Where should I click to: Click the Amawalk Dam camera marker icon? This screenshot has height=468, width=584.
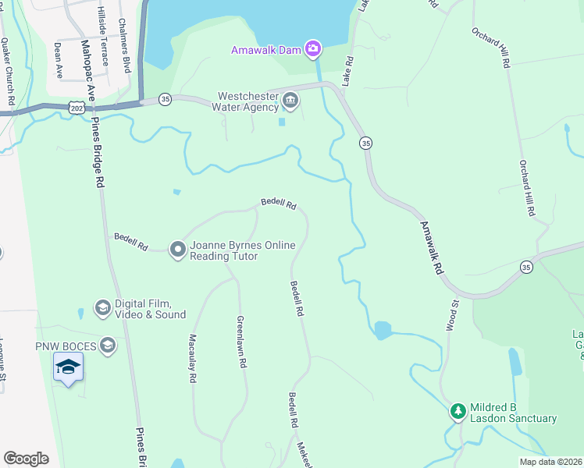pyautogui.click(x=312, y=50)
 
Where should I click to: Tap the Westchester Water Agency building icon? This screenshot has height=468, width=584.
pyautogui.click(x=290, y=100)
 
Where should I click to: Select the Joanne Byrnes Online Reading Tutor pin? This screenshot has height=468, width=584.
pyautogui.click(x=177, y=250)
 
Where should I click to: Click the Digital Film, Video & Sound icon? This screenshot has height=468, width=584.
pyautogui.click(x=101, y=308)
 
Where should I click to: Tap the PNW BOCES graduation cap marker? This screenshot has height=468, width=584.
pyautogui.click(x=108, y=345)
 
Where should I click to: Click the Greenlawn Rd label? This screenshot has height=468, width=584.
pyautogui.click(x=243, y=342)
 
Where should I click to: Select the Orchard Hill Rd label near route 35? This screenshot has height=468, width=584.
pyautogui.click(x=527, y=188)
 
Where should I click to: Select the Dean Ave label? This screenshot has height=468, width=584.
pyautogui.click(x=58, y=60)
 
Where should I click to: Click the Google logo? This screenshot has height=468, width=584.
pyautogui.click(x=26, y=459)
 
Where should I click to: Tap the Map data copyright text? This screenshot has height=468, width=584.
pyautogui.click(x=550, y=462)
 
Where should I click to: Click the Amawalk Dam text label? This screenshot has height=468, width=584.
pyautogui.click(x=265, y=50)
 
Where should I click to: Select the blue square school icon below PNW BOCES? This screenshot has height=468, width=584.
pyautogui.click(x=68, y=367)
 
